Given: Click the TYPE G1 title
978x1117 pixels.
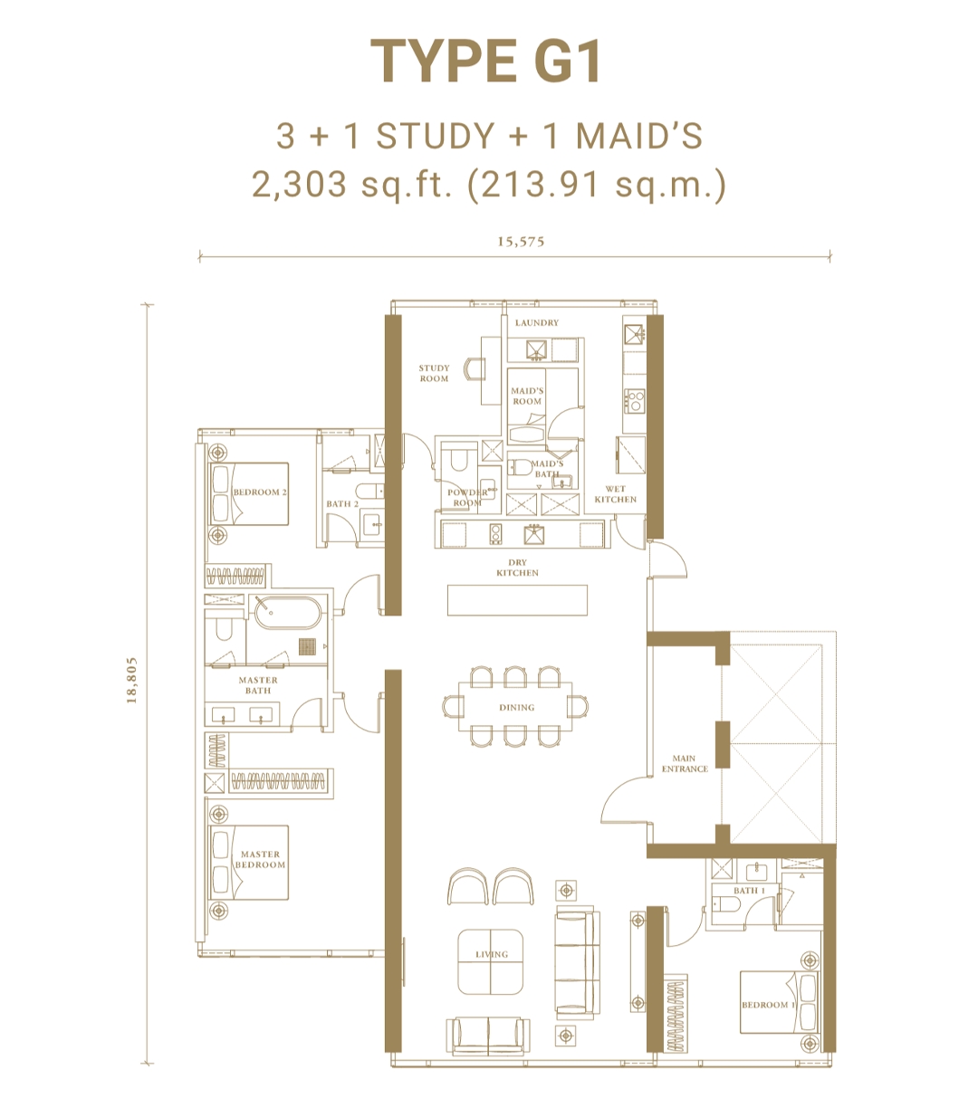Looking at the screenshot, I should coord(487,62).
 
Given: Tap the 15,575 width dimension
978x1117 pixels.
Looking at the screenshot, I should coord(521,242).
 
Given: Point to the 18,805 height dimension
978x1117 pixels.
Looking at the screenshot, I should coord(132,681).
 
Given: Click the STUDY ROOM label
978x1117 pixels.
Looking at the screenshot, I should coord(434,374).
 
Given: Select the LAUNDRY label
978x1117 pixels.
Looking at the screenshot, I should coord(537,322).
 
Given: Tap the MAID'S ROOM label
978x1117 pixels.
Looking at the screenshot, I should coord(527,396).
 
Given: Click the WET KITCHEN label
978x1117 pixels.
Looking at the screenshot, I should coord(616,494).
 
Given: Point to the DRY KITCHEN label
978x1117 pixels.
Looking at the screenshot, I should coord(517,568).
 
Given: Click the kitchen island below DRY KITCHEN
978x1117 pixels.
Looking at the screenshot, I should coord(517,600).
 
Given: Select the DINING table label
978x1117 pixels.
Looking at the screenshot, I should coord(516,707).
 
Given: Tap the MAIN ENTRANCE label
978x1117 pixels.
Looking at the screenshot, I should coord(685,764).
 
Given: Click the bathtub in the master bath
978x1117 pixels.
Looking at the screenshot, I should coord(287,613).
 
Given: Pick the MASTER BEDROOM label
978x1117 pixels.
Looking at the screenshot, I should coord(260,859).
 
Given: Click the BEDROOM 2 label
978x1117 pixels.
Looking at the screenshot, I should coord(259,492).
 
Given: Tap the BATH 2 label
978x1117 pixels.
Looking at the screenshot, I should coord(342,504).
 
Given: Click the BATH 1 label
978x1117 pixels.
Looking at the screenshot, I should coord(749,891).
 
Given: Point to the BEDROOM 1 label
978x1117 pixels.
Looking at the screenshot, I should coord(767,1005).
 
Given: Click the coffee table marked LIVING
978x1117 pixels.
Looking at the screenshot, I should coord(491,961).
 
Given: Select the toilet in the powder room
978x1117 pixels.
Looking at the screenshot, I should coord(456,460).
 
